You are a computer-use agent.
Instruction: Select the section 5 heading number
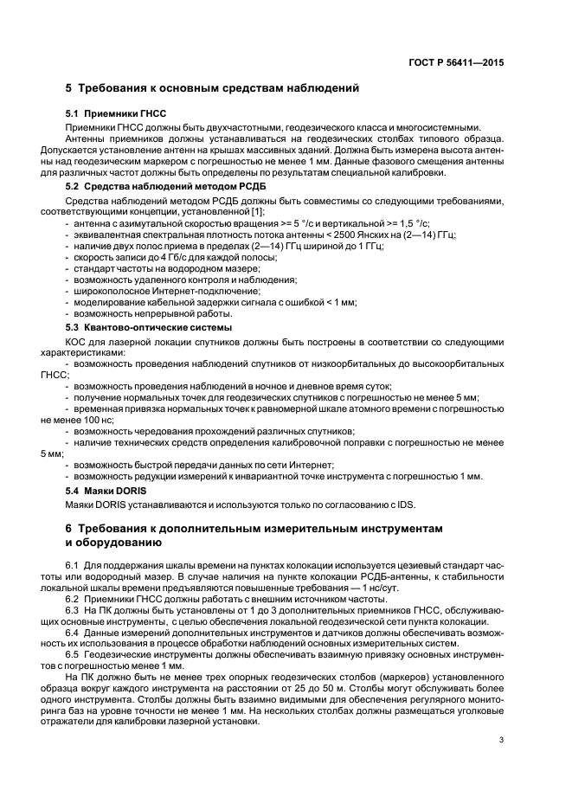(70, 88)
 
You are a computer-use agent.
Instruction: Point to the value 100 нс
(76, 419)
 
